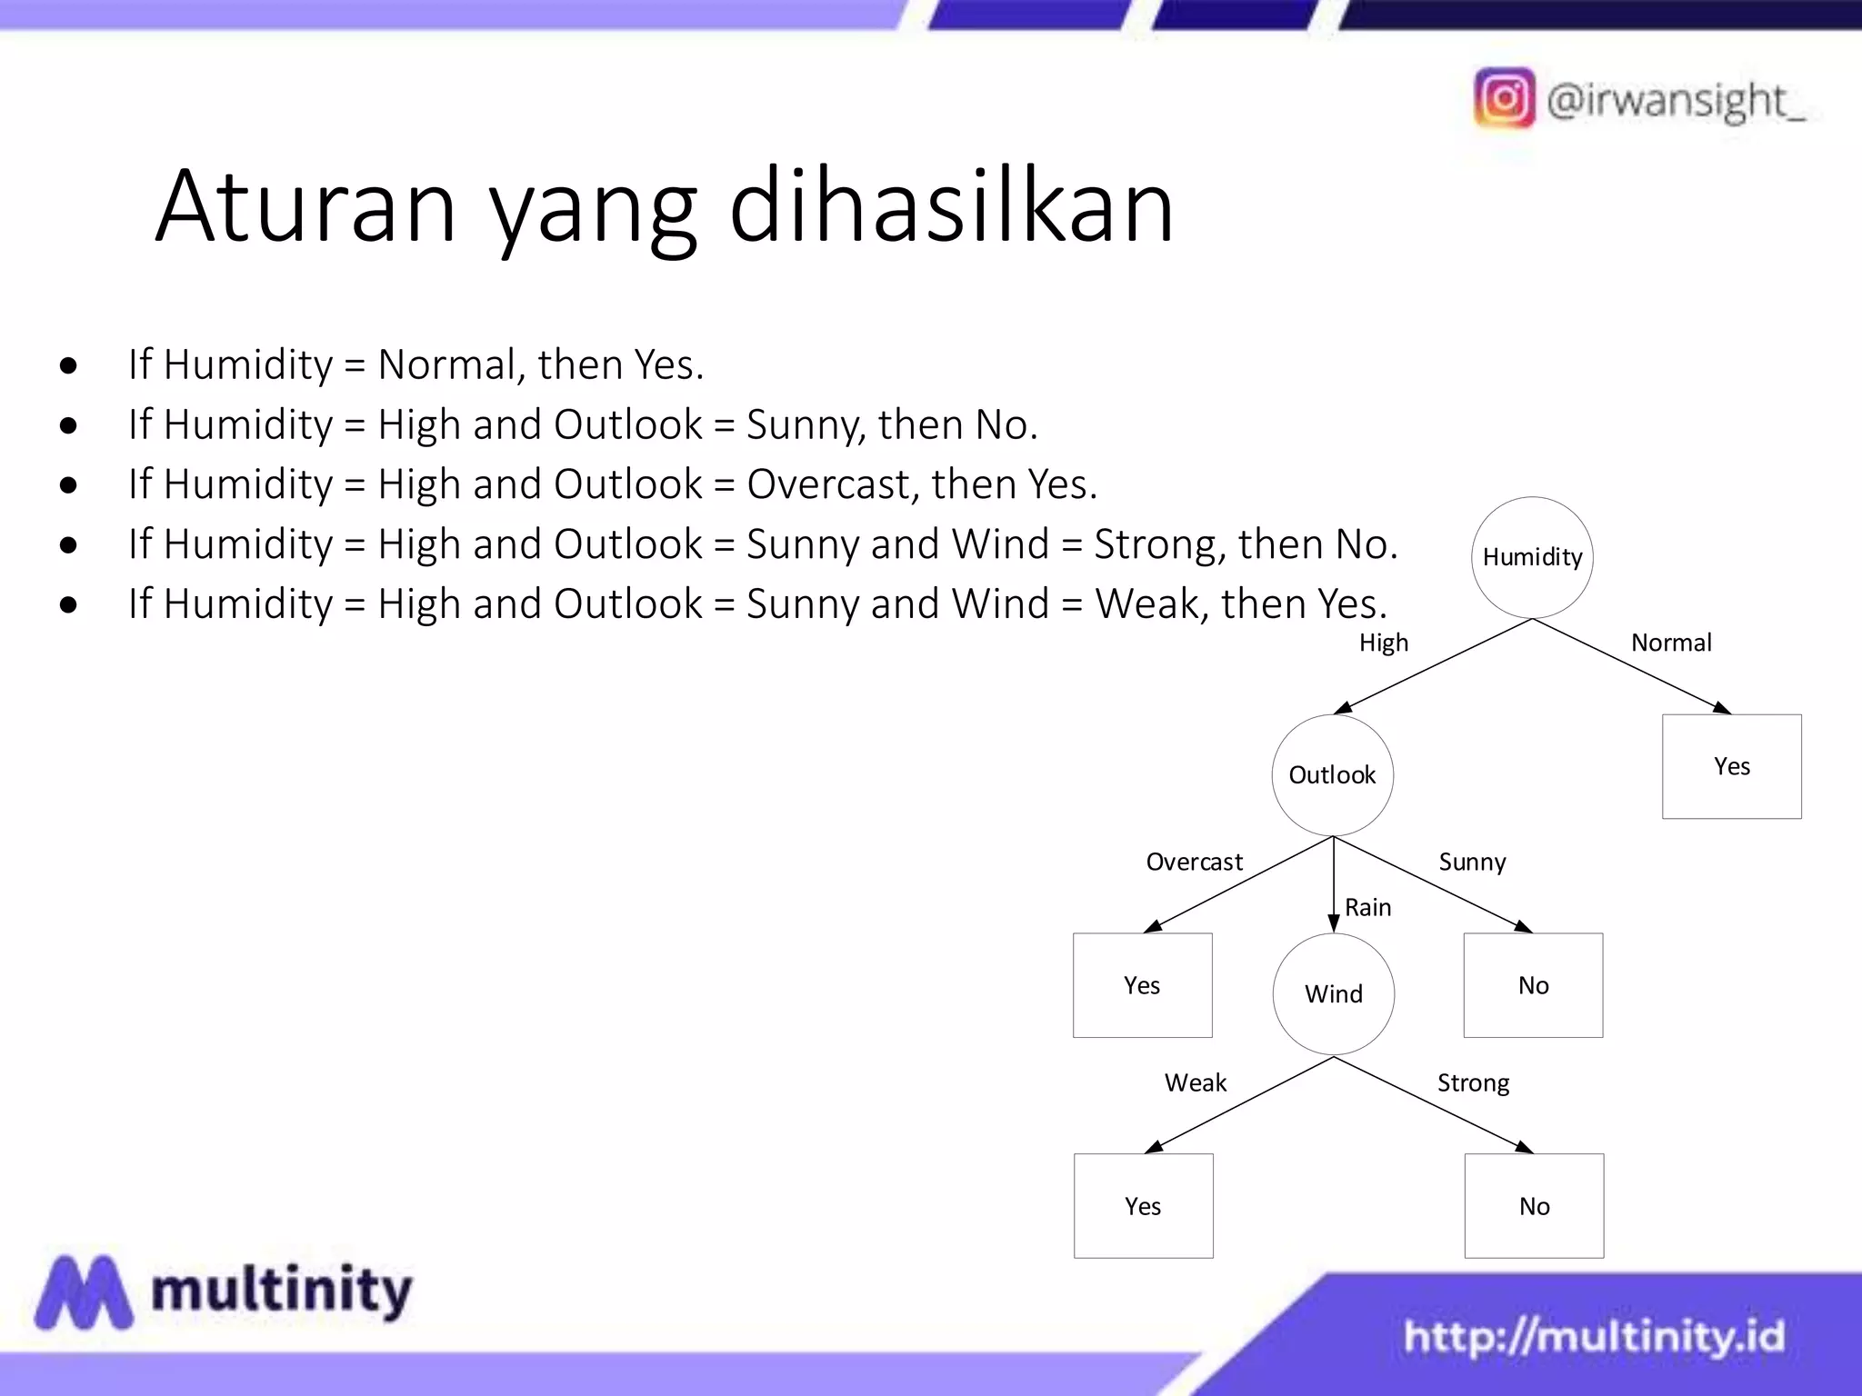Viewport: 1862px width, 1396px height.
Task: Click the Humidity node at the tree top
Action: tap(1532, 557)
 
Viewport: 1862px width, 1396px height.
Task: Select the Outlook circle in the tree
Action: tap(1332, 775)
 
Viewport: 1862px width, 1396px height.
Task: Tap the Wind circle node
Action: tap(1334, 993)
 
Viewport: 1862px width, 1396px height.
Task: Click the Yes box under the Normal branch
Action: tap(1731, 766)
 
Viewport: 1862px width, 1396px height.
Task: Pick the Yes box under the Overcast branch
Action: tap(1142, 985)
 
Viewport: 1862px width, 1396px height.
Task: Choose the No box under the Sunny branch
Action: tap(1533, 985)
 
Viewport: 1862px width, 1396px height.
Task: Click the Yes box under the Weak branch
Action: tap(1143, 1206)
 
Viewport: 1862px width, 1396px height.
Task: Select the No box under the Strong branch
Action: tap(1534, 1206)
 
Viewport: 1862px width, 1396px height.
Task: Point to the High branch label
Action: tap(1384, 643)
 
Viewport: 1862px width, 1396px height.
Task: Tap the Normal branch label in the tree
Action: tap(1671, 643)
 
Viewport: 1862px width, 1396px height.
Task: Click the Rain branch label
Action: tap(1368, 907)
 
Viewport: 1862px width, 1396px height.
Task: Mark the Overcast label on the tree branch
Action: tap(1194, 862)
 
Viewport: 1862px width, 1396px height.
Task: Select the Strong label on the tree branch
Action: tap(1473, 1083)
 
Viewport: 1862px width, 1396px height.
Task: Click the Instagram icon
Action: tap(1505, 98)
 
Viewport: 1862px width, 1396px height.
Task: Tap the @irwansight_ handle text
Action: tap(1675, 100)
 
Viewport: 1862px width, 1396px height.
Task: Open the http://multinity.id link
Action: tap(1594, 1336)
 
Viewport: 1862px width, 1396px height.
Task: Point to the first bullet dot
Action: tap(68, 366)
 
